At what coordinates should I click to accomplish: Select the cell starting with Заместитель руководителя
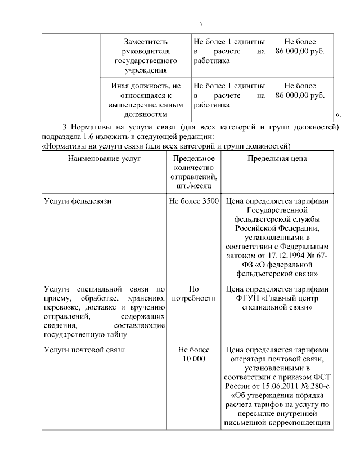(146, 56)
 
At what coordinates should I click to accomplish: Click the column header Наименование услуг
(104, 159)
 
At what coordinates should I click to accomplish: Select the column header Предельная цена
(277, 159)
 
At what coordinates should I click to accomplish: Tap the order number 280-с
(317, 386)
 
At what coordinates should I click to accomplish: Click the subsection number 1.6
(87, 137)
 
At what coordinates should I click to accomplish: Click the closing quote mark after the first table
(338, 115)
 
